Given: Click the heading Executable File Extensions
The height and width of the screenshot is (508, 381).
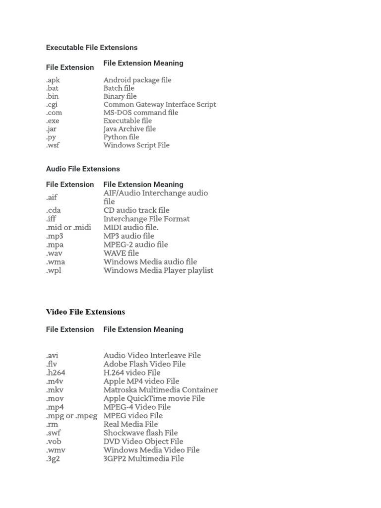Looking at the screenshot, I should (92, 48).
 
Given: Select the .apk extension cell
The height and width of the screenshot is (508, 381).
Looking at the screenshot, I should (53, 80).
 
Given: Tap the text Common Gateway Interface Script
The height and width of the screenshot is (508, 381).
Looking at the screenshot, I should (160, 104).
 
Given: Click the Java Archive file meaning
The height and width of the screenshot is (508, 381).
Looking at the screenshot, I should (129, 129).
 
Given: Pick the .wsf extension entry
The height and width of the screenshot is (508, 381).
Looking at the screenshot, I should (53, 145).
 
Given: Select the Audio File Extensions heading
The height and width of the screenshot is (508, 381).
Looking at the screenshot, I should (83, 169).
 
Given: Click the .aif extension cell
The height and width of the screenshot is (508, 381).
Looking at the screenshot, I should (52, 197).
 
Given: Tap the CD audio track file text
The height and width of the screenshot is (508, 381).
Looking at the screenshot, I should (136, 210).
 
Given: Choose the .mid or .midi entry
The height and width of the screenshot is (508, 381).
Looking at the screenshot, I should (68, 227).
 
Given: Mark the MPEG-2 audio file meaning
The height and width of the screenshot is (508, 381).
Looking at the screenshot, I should (135, 245).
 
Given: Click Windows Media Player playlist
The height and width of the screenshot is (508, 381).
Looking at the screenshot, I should (158, 270).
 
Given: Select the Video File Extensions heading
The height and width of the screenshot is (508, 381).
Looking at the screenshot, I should (85, 312).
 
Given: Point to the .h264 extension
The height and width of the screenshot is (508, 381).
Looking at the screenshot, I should (56, 373).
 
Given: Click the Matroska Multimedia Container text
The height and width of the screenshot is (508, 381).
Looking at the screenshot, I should (161, 390).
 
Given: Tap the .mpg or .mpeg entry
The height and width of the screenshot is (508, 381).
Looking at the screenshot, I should (72, 416).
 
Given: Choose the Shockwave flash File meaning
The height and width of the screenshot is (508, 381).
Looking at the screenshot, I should (140, 433).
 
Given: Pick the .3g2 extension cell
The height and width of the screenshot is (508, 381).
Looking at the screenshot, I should (53, 459).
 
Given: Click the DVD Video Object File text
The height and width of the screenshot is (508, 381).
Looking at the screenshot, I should (143, 442).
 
